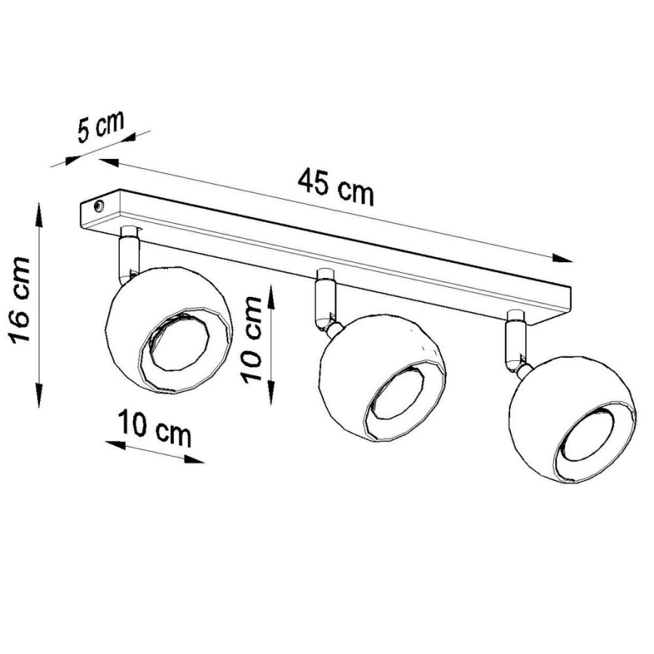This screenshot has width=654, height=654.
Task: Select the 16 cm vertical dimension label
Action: pos(20,300)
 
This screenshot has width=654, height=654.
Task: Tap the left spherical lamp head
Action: pos(167,329)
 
